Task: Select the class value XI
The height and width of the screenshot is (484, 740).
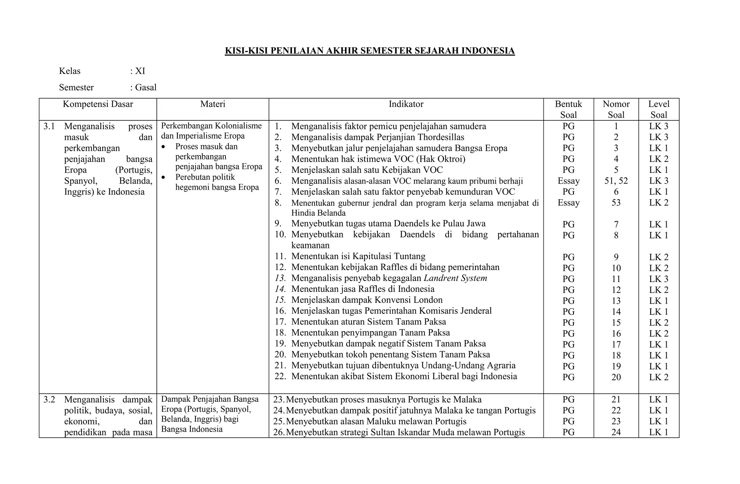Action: [140, 71]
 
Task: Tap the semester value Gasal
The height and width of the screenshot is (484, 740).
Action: [146, 87]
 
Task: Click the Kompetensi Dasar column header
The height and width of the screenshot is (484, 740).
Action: [98, 104]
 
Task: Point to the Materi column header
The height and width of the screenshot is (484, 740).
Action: [213, 104]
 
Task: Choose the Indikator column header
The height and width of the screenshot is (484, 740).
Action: [406, 104]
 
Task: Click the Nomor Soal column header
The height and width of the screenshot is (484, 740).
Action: [616, 109]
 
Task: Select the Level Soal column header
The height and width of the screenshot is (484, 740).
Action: [659, 109]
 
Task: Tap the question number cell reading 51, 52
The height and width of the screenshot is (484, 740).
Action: [616, 181]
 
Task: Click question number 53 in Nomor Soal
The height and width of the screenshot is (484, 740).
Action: [616, 202]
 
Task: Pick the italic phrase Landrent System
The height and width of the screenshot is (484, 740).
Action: [455, 278]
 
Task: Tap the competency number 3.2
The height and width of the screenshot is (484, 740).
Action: [49, 399]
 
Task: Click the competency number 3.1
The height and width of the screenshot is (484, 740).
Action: [49, 126]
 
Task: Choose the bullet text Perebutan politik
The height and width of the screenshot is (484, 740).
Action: [205, 177]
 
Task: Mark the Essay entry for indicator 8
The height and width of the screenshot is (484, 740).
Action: [568, 202]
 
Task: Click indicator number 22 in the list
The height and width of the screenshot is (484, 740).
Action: [280, 376]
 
